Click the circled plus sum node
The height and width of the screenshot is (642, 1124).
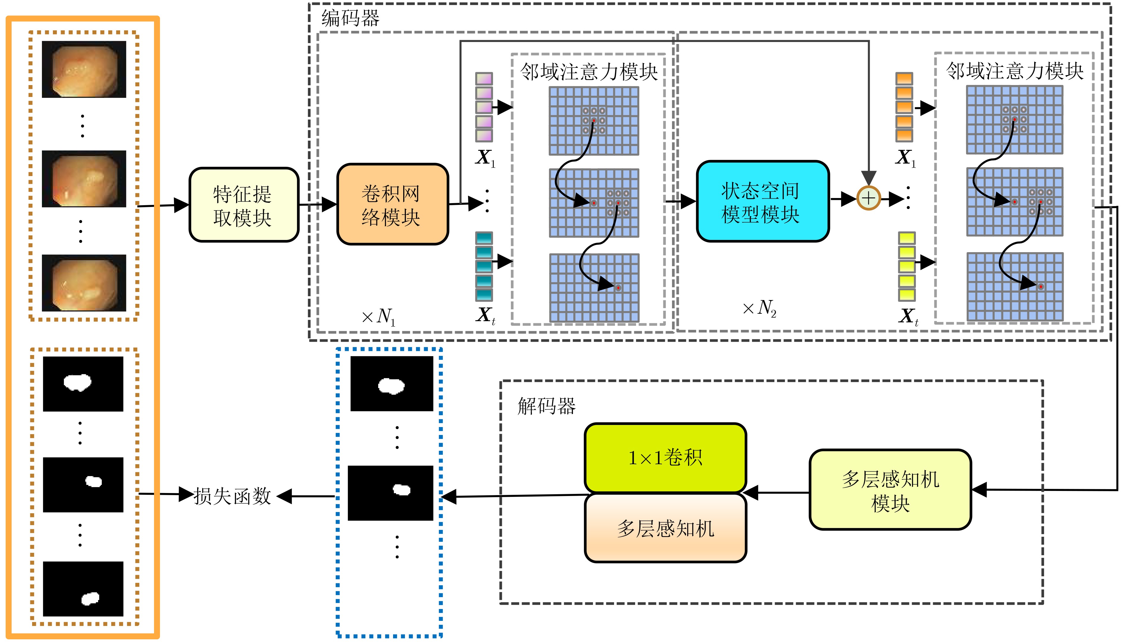click(868, 198)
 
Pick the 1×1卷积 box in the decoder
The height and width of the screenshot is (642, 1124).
click(665, 457)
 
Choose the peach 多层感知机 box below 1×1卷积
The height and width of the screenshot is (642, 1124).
click(665, 528)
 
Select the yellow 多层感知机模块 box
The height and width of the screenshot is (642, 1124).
click(890, 489)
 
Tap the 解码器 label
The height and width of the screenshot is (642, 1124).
click(546, 406)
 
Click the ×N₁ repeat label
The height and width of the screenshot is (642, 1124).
click(379, 316)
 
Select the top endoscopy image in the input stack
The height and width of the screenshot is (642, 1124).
click(84, 69)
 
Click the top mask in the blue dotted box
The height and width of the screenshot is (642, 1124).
click(391, 384)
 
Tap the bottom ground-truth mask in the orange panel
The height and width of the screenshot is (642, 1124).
click(83, 589)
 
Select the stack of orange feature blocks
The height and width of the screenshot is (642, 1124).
click(904, 107)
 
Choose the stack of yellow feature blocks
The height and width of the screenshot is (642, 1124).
click(907, 266)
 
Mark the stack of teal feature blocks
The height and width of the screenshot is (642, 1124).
click(483, 266)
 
